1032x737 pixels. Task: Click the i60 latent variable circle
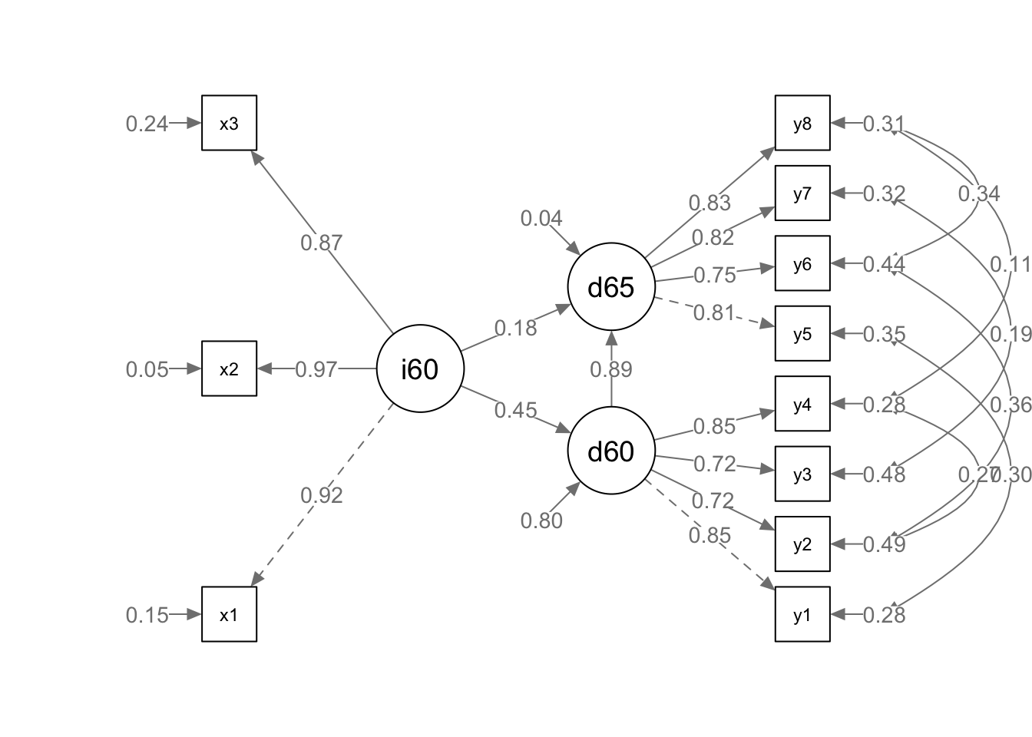(x=420, y=368)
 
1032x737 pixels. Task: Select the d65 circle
(x=611, y=287)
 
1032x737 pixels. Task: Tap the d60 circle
(x=611, y=451)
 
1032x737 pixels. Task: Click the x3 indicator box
(x=229, y=123)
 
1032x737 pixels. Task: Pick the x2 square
(x=229, y=368)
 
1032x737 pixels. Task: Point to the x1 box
(x=229, y=614)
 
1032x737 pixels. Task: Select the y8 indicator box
(x=802, y=123)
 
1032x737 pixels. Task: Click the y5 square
(x=802, y=333)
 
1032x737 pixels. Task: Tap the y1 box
(x=802, y=614)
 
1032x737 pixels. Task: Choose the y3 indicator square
(x=802, y=474)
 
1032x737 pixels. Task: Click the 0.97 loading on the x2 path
(x=316, y=369)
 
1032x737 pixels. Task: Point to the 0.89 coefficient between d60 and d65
(x=611, y=369)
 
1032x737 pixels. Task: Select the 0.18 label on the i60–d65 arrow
(x=515, y=328)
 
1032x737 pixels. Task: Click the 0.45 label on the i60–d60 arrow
(x=515, y=410)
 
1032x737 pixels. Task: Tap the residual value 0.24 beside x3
(x=147, y=124)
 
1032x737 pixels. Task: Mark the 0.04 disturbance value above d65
(x=541, y=219)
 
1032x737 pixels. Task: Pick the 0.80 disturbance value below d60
(x=541, y=521)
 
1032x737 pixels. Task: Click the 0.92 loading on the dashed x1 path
(x=321, y=495)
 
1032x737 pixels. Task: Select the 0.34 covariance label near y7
(x=979, y=193)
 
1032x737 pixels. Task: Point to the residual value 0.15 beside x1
(x=147, y=615)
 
